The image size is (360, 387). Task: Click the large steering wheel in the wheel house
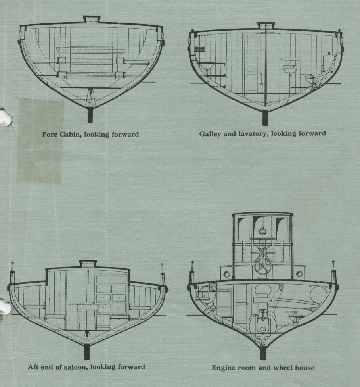tap(262, 267)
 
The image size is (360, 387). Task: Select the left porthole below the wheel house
tap(227, 274)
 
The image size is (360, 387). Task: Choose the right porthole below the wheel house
tap(299, 274)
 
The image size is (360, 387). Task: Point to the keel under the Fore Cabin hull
tap(90, 115)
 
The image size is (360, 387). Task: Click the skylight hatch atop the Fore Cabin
tap(92, 19)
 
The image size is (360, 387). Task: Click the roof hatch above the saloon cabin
tap(88, 264)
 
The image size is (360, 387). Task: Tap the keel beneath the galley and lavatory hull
tap(265, 118)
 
